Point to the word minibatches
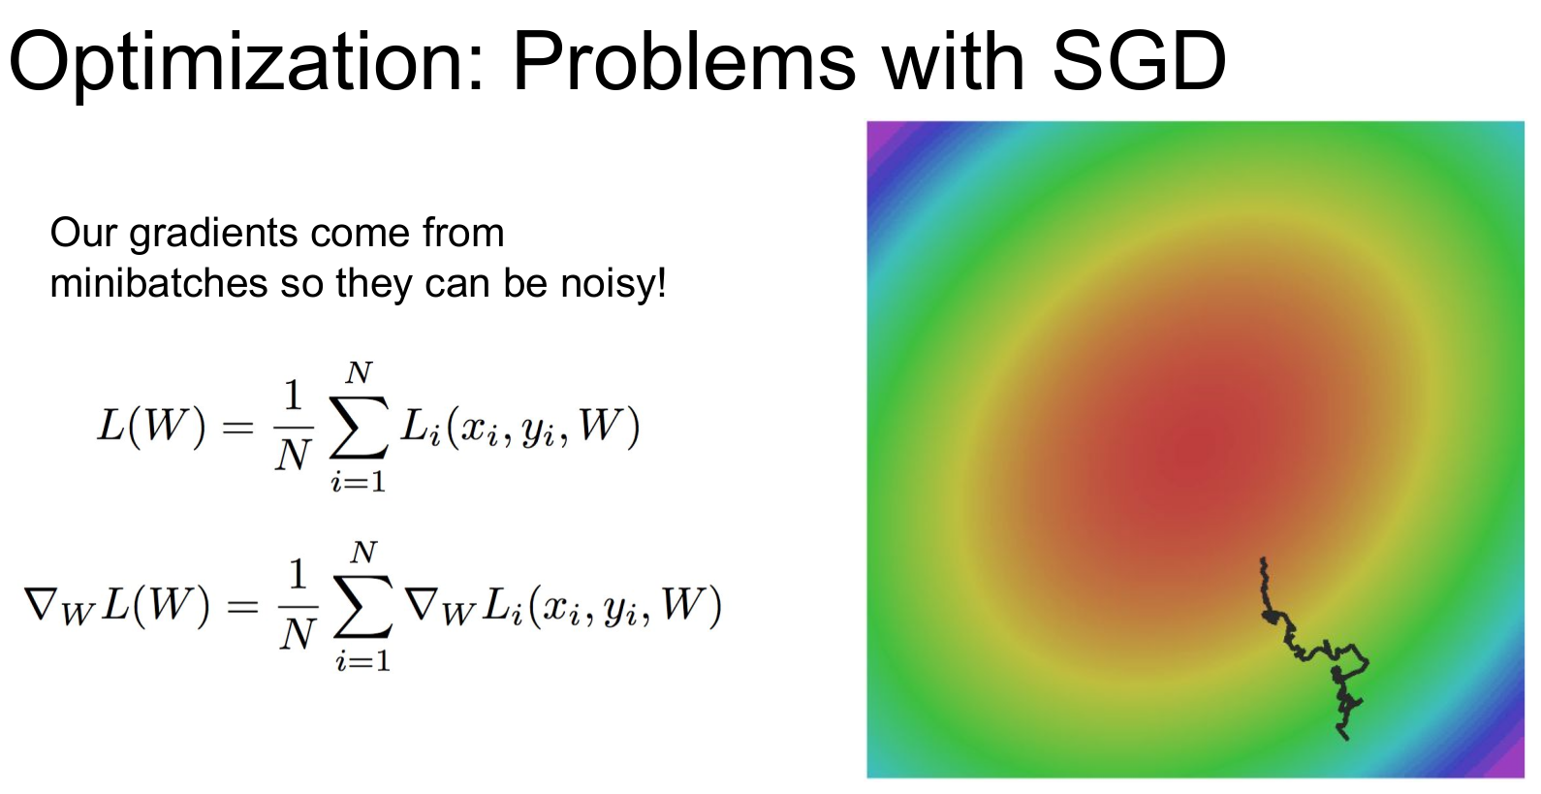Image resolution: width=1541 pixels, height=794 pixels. tap(159, 282)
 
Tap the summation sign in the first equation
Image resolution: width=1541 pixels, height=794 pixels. tap(359, 427)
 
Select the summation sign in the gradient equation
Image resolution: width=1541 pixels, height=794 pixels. tap(363, 606)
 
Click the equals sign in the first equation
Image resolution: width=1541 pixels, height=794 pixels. tap(238, 428)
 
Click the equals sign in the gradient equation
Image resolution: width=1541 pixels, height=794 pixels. tap(243, 607)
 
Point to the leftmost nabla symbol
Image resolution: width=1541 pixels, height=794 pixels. tap(40, 603)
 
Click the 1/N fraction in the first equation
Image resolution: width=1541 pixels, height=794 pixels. tap(294, 427)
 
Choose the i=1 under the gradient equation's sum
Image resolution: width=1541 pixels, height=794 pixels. tap(362, 661)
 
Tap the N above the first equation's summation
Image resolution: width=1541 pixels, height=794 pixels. tap(360, 373)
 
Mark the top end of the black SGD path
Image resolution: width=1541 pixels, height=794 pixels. tap(1263, 558)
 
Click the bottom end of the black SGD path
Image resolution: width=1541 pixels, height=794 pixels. tap(1346, 739)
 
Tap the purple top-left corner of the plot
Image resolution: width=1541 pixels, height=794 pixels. tap(877, 132)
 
